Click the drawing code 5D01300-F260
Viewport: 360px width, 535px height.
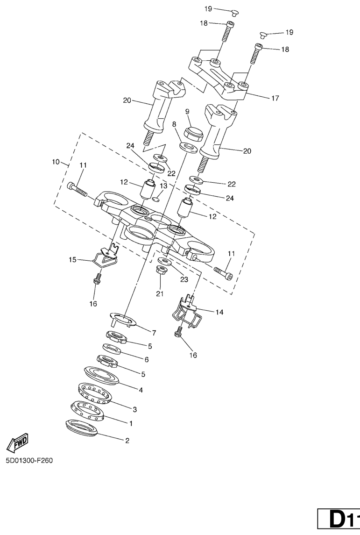(x=29, y=461)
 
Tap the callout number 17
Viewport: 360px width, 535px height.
(x=275, y=98)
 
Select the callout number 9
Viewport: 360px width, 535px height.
(x=187, y=111)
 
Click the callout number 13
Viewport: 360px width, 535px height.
(x=163, y=186)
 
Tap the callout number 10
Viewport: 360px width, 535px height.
(x=56, y=162)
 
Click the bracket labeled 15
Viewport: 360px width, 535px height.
(x=104, y=256)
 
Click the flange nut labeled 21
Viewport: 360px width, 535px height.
(x=161, y=271)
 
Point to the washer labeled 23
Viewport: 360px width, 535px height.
(x=165, y=261)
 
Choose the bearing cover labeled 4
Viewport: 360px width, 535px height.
(x=102, y=375)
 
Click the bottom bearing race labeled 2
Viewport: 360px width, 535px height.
(x=82, y=427)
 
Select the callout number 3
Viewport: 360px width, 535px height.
(x=134, y=409)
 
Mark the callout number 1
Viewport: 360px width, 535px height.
(x=131, y=423)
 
